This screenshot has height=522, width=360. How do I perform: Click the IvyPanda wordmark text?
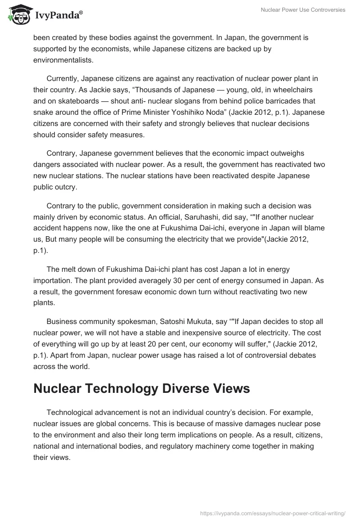coord(58,16)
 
